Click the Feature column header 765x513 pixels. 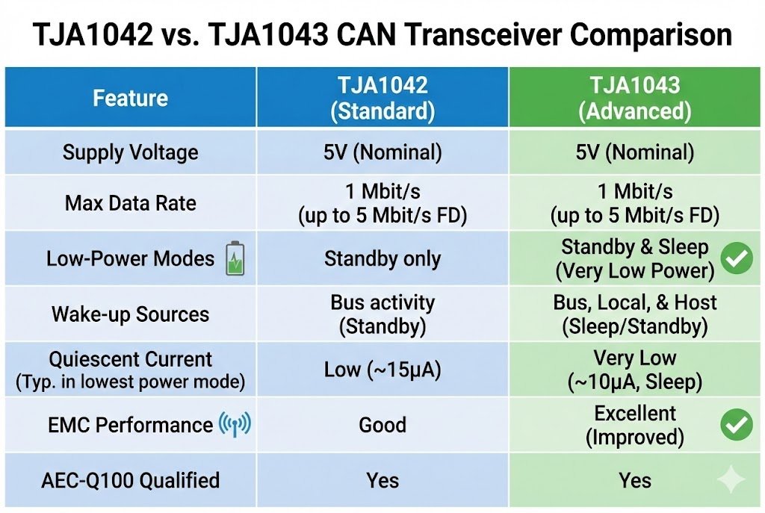click(130, 98)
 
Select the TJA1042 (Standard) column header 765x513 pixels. click(382, 98)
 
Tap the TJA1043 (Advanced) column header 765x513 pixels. click(635, 98)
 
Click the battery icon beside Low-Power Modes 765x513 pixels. click(235, 259)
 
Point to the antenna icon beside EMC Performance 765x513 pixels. click(235, 425)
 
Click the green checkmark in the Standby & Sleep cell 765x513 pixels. click(736, 258)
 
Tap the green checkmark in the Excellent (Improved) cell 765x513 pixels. click(736, 424)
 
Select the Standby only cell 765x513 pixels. click(382, 259)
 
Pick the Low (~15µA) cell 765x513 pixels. click(382, 370)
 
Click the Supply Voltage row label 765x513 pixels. click(130, 152)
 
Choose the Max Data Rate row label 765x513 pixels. click(130, 203)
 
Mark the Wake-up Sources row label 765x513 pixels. click(130, 314)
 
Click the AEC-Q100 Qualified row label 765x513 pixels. click(130, 480)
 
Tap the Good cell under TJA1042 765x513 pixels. click(382, 425)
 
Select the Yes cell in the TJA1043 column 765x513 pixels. click(634, 480)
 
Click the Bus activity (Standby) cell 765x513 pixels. click(382, 314)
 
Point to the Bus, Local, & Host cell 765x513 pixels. click(635, 314)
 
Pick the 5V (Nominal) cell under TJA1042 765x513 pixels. click(382, 152)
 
